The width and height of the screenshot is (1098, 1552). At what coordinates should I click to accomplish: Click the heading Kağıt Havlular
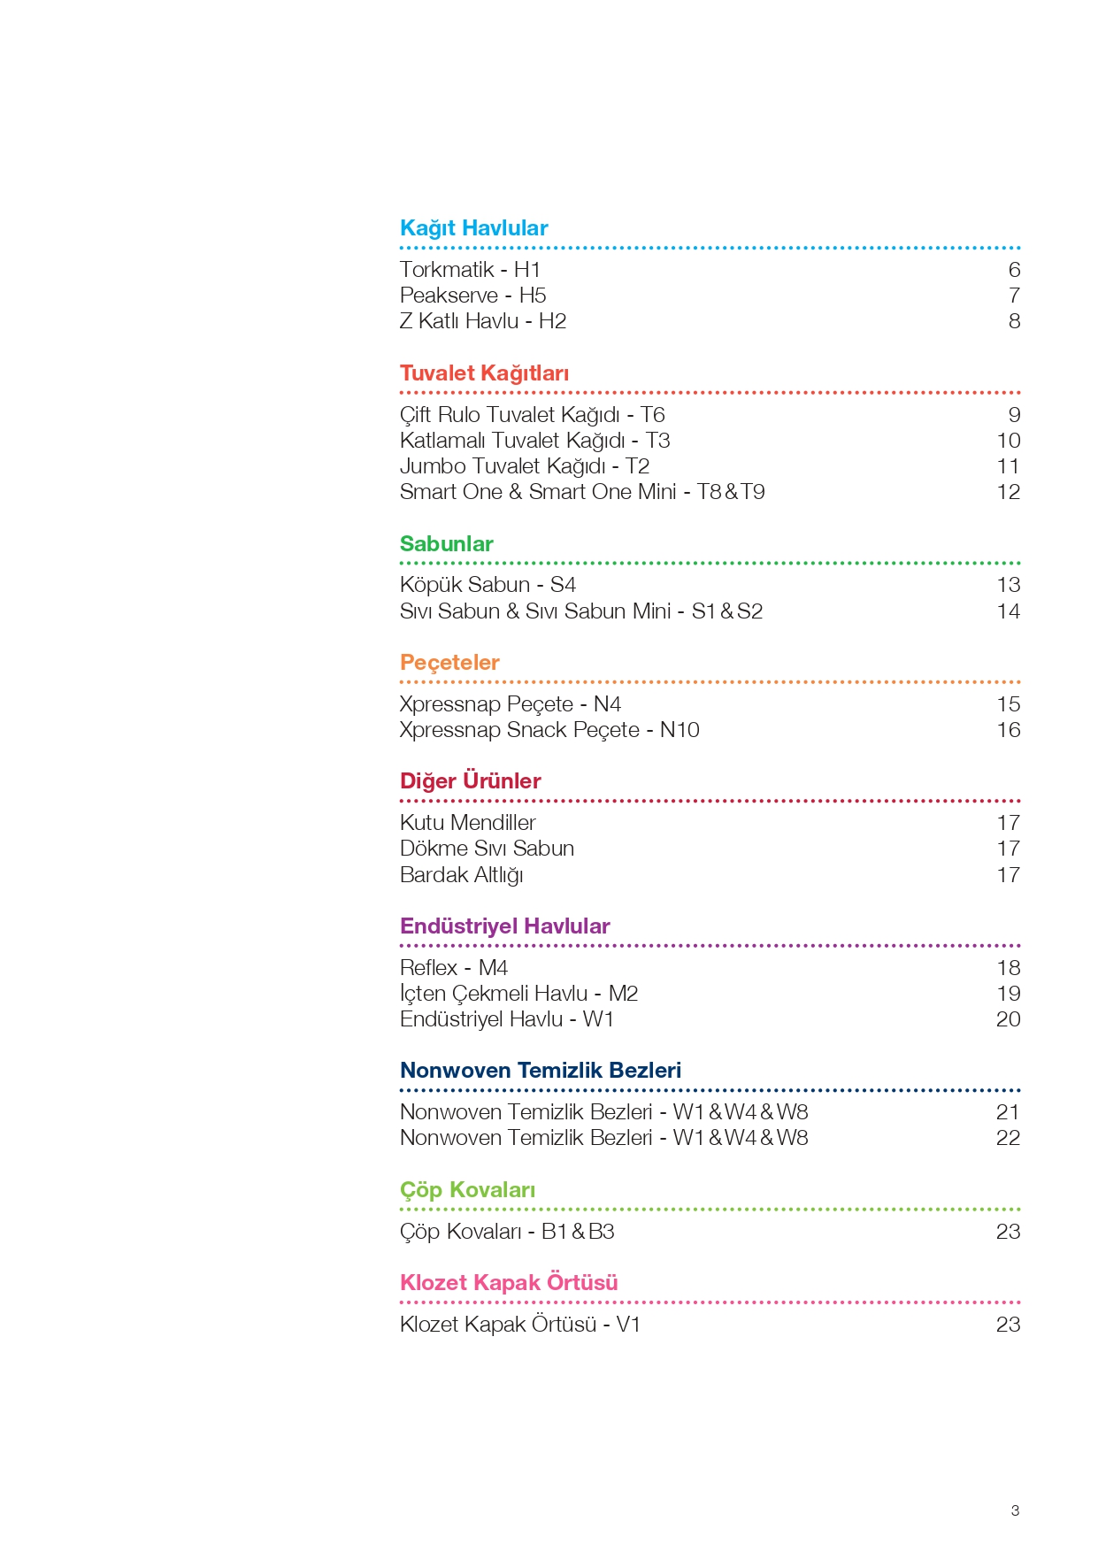tap(473, 228)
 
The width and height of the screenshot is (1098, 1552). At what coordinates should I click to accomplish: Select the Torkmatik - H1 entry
tap(470, 270)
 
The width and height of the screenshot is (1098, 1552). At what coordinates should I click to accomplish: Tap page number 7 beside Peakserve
tap(1014, 296)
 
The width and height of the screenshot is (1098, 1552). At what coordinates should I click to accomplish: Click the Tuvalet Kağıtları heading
tap(484, 373)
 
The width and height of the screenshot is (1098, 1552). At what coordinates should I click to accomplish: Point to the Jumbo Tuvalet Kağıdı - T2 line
tap(525, 466)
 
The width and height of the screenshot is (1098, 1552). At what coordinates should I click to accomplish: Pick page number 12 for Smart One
tap(1008, 492)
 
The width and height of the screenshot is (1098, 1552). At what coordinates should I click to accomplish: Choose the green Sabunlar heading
tap(446, 544)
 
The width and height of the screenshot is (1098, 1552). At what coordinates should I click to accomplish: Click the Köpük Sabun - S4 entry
tap(488, 585)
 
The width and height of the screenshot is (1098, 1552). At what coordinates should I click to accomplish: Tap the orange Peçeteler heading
tap(449, 663)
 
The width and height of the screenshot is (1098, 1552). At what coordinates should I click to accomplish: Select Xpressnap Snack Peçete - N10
tap(549, 730)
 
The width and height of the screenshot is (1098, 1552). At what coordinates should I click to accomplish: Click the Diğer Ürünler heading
tap(470, 781)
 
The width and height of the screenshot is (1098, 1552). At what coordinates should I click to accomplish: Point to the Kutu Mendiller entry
tap(467, 823)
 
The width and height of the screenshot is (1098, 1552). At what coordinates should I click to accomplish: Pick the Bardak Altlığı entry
tap(461, 875)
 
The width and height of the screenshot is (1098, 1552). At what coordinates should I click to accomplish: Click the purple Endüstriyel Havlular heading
tap(504, 926)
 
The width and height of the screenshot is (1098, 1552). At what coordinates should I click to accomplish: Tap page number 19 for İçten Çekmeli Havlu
tap(1008, 994)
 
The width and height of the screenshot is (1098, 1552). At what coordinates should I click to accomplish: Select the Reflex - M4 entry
tap(453, 968)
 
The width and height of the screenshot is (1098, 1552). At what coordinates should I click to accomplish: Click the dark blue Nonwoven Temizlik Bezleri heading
tap(540, 1071)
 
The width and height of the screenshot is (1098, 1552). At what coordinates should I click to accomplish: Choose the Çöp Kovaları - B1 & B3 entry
tap(506, 1232)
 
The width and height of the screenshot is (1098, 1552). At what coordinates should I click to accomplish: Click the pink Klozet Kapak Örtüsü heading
tap(509, 1283)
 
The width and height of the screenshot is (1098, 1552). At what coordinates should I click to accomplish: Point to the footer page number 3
tap(1015, 1510)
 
